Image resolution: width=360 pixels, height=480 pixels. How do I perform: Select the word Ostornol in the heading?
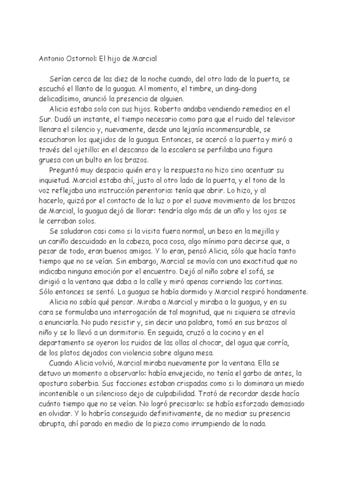tap(81, 60)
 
